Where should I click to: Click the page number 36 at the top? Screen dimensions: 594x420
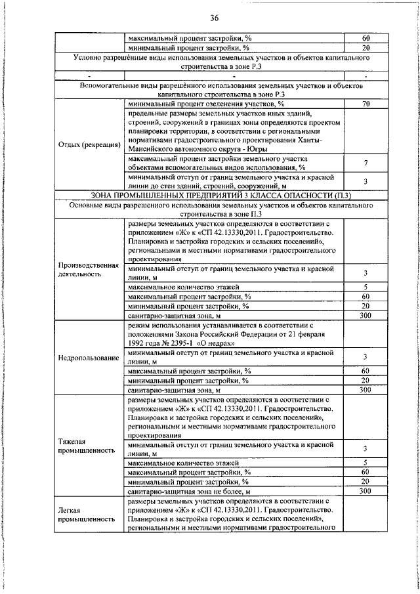tap(215, 18)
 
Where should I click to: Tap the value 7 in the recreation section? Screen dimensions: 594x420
tap(366, 163)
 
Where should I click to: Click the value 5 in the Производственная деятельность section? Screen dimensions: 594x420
tap(366, 287)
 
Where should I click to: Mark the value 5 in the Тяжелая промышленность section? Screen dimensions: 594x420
tap(366, 463)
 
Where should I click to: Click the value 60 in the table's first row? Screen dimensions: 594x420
tap(366, 37)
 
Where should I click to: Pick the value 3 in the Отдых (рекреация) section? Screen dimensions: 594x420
tap(366, 181)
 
